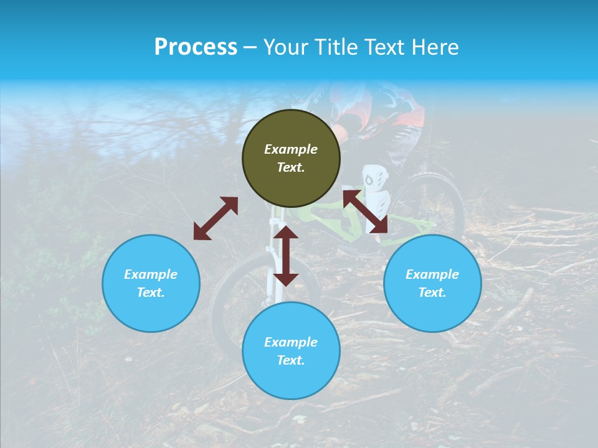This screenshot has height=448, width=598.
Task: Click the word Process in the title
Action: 196,47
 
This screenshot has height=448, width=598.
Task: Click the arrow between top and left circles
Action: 216,218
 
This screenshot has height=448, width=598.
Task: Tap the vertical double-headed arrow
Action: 286,256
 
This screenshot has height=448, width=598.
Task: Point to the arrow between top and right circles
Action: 365,212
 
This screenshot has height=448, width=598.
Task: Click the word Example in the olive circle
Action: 291,149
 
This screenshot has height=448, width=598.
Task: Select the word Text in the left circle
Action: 151,292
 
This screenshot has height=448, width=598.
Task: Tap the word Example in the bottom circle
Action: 291,342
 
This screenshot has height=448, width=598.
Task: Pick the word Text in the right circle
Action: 432,292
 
